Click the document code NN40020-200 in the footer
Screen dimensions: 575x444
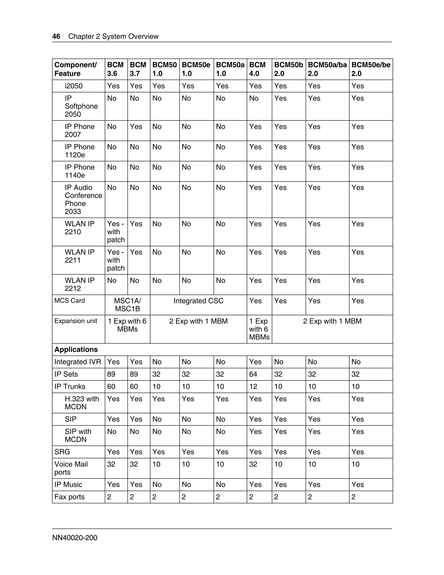tap(75, 538)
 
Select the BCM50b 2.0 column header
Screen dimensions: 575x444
tap(288, 69)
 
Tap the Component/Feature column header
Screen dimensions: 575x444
tap(75, 69)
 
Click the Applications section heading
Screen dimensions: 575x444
tap(76, 349)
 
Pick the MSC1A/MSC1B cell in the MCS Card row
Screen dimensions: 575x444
tap(127, 305)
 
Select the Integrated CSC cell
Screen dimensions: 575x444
tap(198, 301)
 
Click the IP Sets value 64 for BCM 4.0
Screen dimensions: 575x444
tap(253, 374)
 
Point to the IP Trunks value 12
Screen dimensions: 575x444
tap(253, 386)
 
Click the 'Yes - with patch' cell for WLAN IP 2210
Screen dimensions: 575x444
tap(116, 232)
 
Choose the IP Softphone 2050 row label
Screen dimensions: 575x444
tap(81, 106)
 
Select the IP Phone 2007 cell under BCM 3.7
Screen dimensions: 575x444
tap(136, 127)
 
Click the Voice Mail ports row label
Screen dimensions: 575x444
tap(71, 468)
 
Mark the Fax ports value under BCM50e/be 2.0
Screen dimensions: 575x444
tap(354, 497)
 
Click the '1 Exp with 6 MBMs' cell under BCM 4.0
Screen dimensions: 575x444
tap(259, 329)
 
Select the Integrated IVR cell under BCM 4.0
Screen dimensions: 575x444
tap(255, 362)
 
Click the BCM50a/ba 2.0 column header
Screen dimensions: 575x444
tap(327, 69)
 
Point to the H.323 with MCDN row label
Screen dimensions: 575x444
tap(82, 403)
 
